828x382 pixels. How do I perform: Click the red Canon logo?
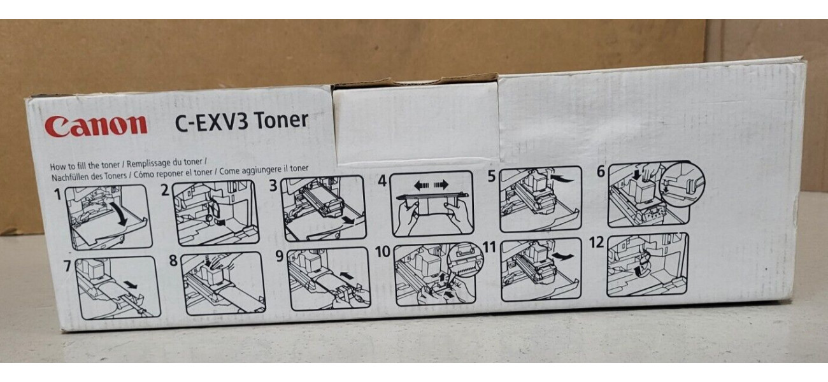(96, 126)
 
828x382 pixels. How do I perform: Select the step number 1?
(57, 194)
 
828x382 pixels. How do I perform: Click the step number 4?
(383, 181)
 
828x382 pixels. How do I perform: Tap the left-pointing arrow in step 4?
(422, 185)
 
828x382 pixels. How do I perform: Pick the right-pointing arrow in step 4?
(441, 185)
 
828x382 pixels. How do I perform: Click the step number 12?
(596, 243)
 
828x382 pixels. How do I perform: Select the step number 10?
(383, 251)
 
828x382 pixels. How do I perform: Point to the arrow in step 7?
(130, 284)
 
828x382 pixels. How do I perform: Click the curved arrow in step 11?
(562, 256)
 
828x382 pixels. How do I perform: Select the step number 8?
(174, 260)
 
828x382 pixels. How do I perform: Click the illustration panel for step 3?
(324, 208)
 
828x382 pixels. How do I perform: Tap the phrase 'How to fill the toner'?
(85, 166)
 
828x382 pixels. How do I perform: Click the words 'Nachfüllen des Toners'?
(89, 176)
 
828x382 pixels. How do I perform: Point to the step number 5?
(491, 176)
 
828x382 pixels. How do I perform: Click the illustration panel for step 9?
(329, 279)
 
